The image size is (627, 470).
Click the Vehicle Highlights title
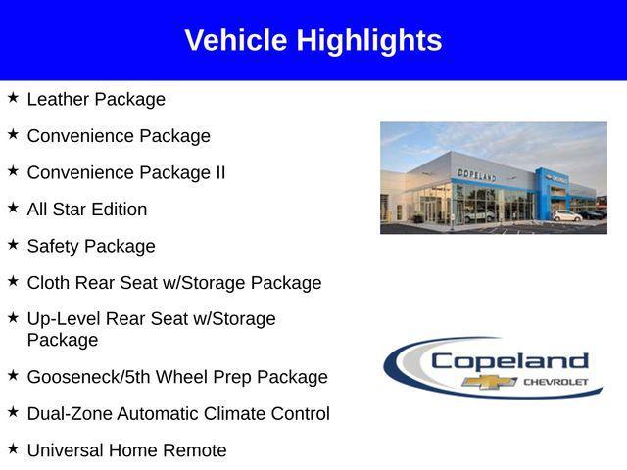coord(313,40)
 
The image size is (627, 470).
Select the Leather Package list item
coord(96,99)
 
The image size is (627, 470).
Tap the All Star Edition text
coord(87,210)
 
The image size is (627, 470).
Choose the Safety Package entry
coord(91,246)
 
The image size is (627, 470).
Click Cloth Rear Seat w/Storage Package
coord(174,283)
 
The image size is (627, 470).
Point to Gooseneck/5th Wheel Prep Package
coord(177,377)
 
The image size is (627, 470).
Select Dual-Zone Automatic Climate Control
coord(178,414)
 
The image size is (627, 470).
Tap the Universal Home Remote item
coord(126,450)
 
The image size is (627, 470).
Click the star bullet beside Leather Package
coord(13,98)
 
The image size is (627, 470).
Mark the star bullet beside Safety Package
coord(13,245)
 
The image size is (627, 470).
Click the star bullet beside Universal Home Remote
coord(13,449)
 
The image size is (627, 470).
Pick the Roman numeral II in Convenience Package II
coord(219,172)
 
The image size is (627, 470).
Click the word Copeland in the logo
coord(509,361)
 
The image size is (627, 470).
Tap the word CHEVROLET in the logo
coord(555,381)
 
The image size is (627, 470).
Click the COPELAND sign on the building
coord(477,174)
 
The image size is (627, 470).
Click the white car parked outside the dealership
coord(566,215)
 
